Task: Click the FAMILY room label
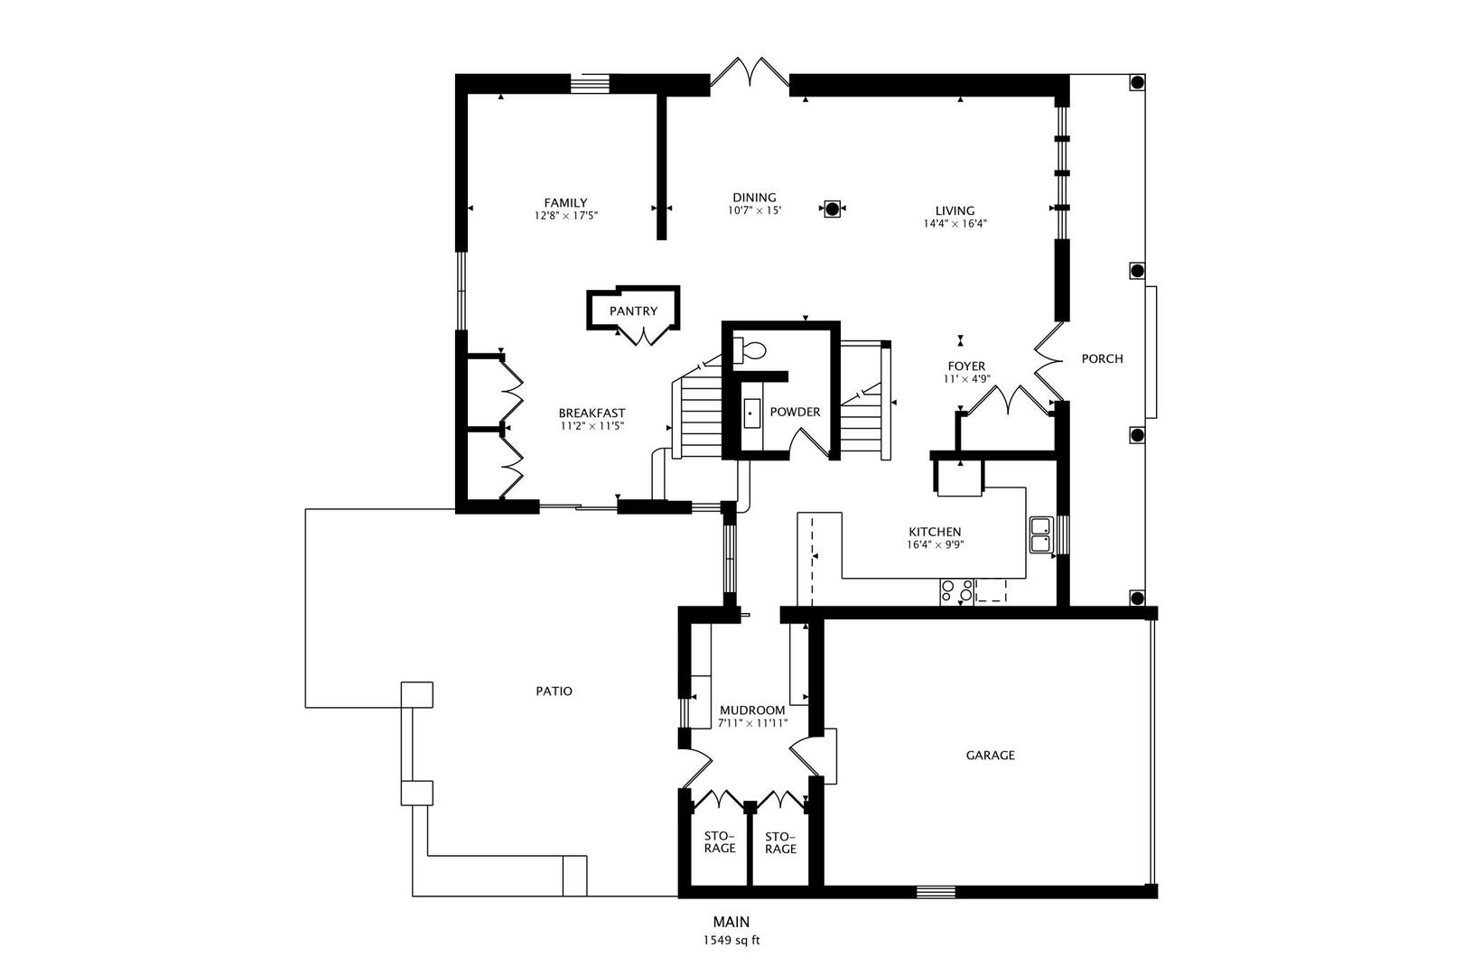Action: (x=565, y=202)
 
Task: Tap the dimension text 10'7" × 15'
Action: (x=754, y=210)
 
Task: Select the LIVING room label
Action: (x=955, y=211)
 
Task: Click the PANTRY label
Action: (x=633, y=311)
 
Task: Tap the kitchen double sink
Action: (x=1040, y=534)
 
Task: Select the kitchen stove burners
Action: (x=956, y=591)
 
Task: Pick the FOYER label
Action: (x=965, y=366)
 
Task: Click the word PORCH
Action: (x=1102, y=358)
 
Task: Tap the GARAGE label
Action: (x=990, y=755)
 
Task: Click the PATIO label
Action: (x=554, y=692)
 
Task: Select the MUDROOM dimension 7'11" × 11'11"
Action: (x=753, y=723)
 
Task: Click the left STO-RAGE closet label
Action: (x=720, y=841)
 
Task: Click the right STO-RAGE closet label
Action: (x=780, y=841)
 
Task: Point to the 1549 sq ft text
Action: (x=731, y=940)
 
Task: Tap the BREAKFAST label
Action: (x=592, y=413)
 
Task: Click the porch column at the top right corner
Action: (x=1137, y=83)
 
